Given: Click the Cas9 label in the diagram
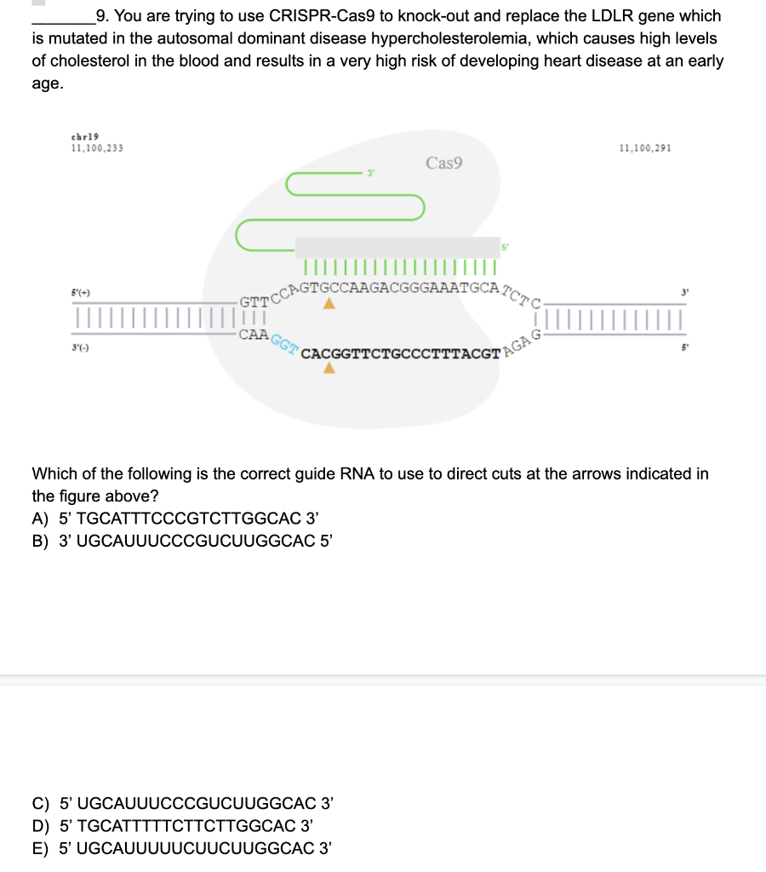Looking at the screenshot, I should tap(443, 163).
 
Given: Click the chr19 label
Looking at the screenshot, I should tap(85, 137).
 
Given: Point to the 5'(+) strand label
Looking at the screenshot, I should tap(82, 293).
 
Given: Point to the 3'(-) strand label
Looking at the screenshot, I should tap(82, 348).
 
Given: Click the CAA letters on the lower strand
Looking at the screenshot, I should tap(254, 334).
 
